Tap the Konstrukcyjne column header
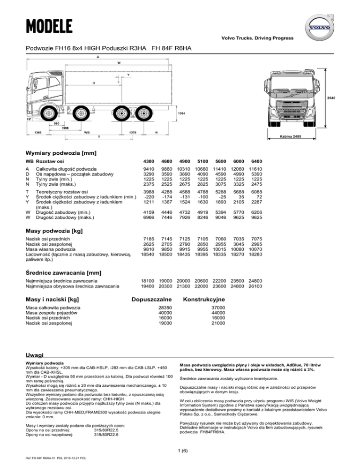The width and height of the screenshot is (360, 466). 204,299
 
